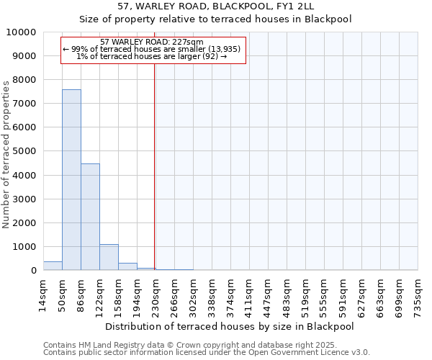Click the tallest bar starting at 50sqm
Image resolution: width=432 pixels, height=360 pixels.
[71, 180]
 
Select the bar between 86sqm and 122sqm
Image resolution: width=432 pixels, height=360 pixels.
[90, 217]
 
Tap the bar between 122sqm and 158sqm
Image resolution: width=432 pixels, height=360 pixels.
[109, 257]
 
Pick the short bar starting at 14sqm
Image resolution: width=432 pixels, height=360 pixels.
[53, 266]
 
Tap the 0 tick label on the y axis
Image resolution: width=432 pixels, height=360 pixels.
[33, 271]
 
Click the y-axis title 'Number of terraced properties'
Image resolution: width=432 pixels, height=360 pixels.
[6, 154]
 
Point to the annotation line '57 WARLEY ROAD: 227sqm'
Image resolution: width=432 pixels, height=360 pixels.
[153, 42]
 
